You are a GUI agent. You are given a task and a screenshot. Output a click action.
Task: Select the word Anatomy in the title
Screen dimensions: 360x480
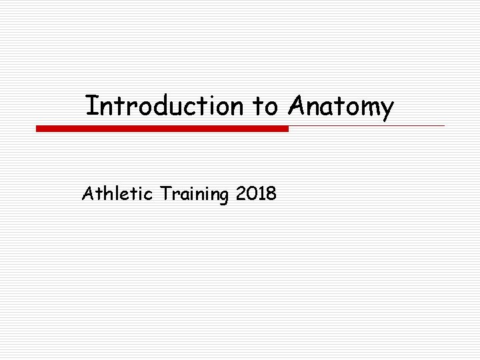341,107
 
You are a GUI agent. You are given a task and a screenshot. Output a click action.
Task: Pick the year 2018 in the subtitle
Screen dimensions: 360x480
256,194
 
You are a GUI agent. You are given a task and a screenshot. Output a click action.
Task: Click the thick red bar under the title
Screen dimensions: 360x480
162,129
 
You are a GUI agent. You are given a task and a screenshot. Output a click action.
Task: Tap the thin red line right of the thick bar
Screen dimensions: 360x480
367,125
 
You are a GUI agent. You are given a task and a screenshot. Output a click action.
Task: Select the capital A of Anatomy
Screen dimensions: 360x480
296,105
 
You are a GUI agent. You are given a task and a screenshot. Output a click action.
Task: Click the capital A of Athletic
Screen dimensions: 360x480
87,194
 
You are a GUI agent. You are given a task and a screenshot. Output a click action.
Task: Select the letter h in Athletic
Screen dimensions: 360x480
103,194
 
